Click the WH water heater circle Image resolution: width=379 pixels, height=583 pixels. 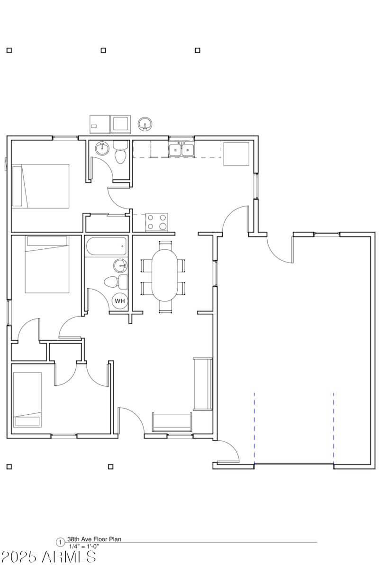(120, 301)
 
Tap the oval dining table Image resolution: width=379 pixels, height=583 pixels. (164, 275)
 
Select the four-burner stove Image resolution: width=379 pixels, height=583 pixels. (157, 221)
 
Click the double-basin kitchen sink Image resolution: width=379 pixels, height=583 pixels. (182, 150)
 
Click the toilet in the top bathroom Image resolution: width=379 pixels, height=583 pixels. (120, 154)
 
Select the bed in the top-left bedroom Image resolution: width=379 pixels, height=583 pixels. (41, 186)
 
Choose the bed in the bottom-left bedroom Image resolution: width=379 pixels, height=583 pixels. (27, 400)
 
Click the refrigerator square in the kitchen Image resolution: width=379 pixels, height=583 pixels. (236, 154)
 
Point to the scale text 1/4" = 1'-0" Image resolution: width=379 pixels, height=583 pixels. (84, 547)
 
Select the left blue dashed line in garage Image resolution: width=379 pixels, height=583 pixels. (254, 427)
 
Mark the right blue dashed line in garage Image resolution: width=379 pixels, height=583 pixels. (334, 427)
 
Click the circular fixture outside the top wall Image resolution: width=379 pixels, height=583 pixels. (145, 124)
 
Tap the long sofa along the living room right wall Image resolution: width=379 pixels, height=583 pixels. (202, 384)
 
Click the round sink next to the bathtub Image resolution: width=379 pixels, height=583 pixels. (120, 264)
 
